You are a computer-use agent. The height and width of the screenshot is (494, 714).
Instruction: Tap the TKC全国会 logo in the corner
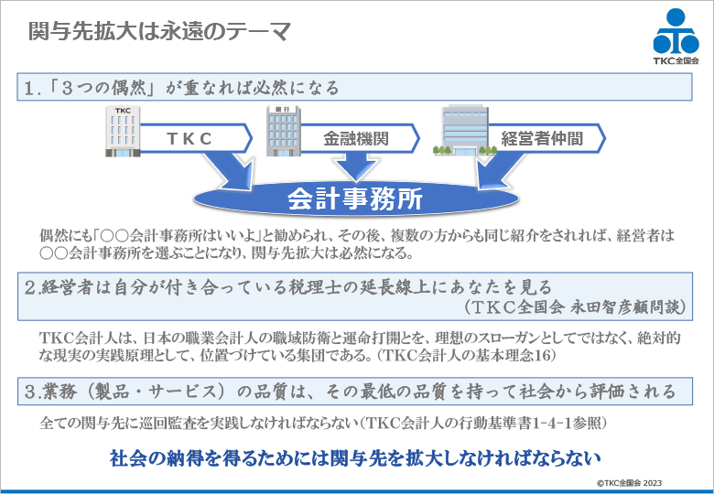[x=676, y=38]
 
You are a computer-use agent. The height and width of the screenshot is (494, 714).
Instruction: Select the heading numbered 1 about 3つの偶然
[x=183, y=88]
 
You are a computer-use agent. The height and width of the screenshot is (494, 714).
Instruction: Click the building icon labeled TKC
[x=123, y=130]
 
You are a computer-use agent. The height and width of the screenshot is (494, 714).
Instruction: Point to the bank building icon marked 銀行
[x=281, y=131]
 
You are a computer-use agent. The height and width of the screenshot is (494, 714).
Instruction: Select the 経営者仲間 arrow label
[x=540, y=139]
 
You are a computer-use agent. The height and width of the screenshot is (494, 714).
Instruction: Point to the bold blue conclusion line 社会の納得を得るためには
[x=354, y=456]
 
